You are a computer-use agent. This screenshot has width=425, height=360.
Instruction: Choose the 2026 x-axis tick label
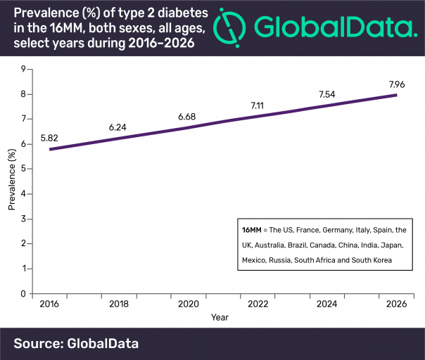tap(395, 304)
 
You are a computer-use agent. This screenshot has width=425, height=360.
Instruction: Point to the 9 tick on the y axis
tap(23, 69)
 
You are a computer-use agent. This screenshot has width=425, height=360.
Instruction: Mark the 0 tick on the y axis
tap(23, 294)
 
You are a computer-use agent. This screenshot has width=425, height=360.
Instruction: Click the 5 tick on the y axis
tap(23, 169)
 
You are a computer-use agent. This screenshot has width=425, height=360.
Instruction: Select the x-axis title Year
tap(219, 317)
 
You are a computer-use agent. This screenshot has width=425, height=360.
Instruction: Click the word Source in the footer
tap(37, 343)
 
